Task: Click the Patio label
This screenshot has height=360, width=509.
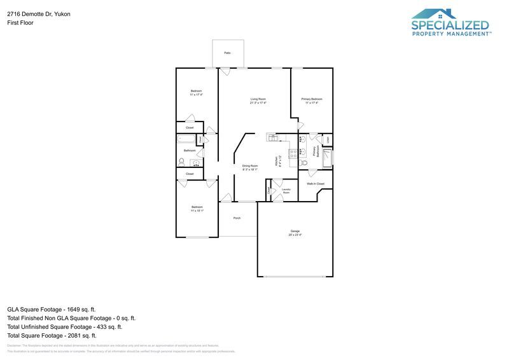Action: click(227, 53)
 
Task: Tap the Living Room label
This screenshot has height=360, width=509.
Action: click(258, 99)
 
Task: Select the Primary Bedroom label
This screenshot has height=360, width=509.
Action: click(312, 99)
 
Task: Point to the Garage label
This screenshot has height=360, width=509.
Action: click(295, 232)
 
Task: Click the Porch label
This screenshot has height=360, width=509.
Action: click(237, 218)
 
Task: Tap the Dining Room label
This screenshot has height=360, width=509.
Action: click(249, 166)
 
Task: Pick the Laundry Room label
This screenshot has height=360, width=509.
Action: click(286, 190)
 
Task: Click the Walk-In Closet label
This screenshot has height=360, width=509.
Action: click(316, 184)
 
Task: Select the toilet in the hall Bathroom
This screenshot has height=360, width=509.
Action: click(181, 161)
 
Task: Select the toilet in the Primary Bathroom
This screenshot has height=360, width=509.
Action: click(303, 163)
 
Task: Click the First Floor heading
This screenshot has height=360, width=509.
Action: click(20, 22)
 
